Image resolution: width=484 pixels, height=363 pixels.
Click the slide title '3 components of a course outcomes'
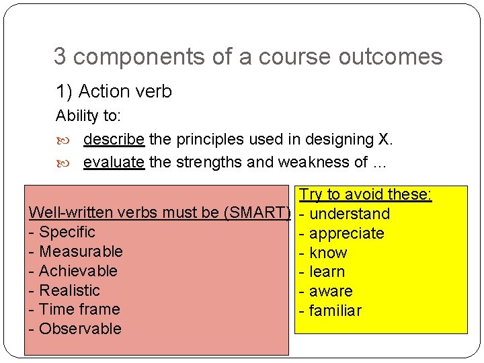pyautogui.click(x=248, y=57)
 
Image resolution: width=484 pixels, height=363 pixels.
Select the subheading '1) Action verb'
pyautogui.click(x=114, y=91)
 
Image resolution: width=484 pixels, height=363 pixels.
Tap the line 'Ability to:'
pyautogui.click(x=88, y=116)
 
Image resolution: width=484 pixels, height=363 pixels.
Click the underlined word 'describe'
pyautogui.click(x=114, y=139)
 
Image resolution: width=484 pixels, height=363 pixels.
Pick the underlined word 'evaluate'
pyautogui.click(x=114, y=162)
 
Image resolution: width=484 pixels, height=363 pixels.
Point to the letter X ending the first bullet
pyautogui.click(x=385, y=139)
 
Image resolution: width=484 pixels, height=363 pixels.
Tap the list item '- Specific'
pyautogui.click(x=63, y=233)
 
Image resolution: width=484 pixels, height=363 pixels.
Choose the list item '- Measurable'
pyautogui.click(x=76, y=251)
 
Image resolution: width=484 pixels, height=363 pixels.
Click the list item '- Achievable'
pyautogui.click(x=73, y=271)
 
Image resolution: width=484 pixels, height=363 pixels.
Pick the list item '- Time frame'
pyautogui.click(x=75, y=309)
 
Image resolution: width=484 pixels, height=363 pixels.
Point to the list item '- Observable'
pyautogui.click(x=75, y=329)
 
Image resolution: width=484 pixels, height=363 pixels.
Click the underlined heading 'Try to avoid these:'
pyautogui.click(x=365, y=195)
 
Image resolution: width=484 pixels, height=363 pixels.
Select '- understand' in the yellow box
pyautogui.click(x=344, y=214)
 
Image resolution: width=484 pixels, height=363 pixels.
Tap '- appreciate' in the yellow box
pyautogui.click(x=341, y=234)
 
